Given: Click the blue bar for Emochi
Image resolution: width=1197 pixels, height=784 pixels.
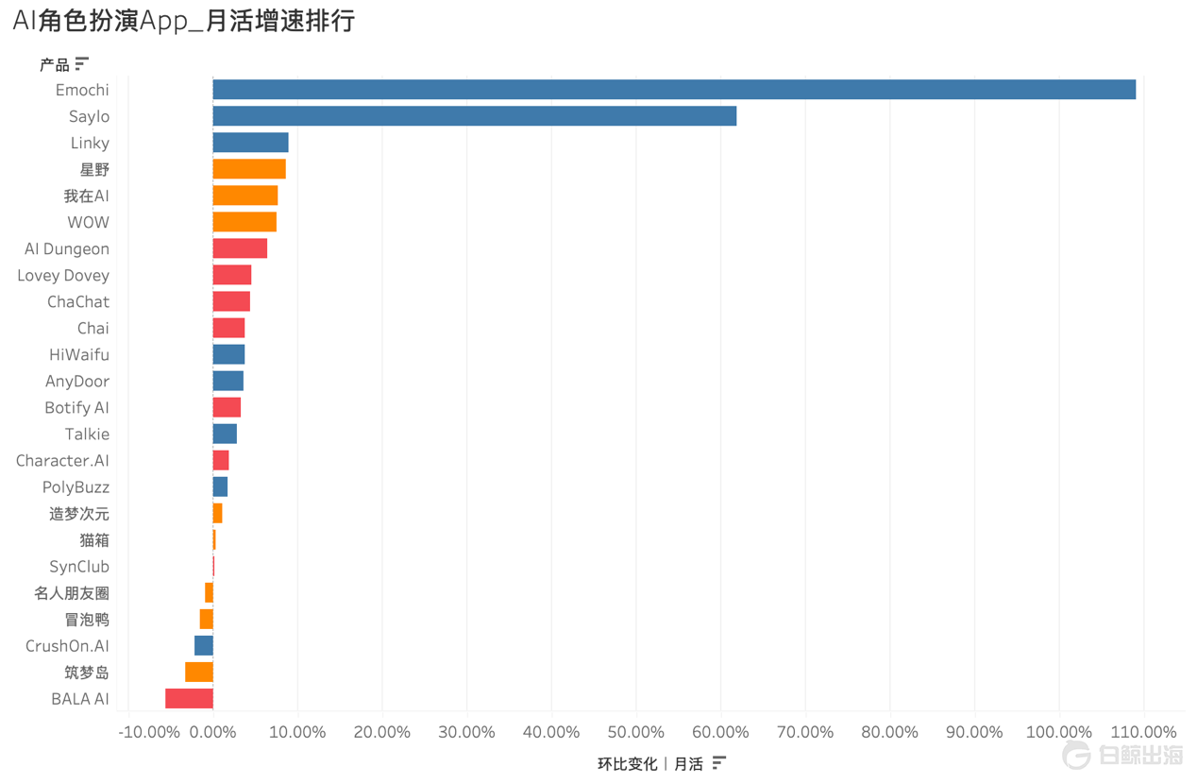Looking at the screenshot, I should tap(674, 90).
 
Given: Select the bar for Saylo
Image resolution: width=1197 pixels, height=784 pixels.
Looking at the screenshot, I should tap(474, 116).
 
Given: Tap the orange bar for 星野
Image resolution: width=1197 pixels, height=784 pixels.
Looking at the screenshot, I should tap(249, 169).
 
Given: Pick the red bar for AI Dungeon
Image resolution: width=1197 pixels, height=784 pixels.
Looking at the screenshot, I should tap(240, 248).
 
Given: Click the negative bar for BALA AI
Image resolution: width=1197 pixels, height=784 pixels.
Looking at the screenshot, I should tap(189, 698).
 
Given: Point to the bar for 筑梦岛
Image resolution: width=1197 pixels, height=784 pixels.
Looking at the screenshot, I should tap(199, 672).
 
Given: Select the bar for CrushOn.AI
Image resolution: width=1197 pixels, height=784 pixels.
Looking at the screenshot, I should tap(204, 645).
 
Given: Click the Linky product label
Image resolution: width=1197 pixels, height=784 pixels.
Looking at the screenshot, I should tap(90, 143).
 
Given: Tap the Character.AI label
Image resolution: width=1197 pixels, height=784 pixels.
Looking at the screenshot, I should tap(62, 460).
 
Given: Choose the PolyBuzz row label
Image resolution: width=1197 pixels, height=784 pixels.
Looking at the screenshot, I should tap(76, 486).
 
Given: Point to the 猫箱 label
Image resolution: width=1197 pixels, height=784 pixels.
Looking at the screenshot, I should tap(94, 539).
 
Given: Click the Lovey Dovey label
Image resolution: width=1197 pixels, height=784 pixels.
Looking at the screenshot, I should tap(63, 275).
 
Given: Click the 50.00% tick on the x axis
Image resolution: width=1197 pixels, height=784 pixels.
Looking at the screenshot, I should tap(635, 732).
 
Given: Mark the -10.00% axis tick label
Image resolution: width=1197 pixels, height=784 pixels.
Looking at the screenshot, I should tap(148, 732).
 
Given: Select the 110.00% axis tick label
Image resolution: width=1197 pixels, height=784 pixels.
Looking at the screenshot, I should tap(1143, 732).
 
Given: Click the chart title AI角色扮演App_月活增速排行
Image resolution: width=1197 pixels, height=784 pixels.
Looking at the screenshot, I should tap(184, 21).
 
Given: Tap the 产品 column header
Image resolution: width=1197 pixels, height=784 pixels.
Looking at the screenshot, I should tap(54, 64).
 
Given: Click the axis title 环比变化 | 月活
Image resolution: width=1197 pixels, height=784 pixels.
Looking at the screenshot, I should tap(649, 763).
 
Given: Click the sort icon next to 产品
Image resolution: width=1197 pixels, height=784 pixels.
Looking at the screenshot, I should tap(82, 64).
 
